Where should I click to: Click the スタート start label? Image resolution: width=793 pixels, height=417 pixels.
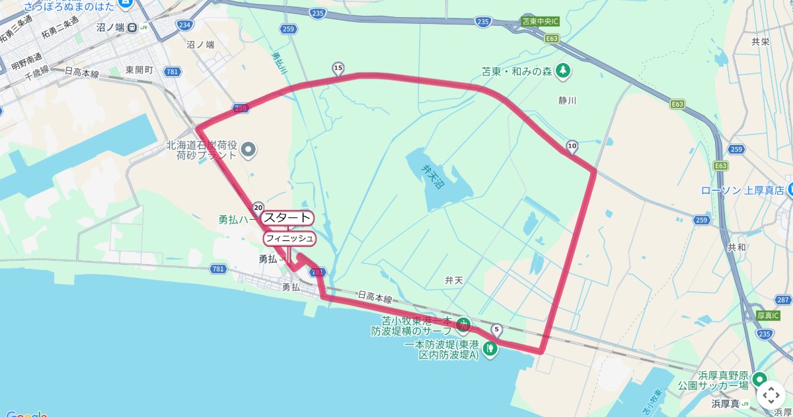[x=287, y=218]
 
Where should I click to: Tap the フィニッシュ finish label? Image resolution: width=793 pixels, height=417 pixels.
[x=289, y=238]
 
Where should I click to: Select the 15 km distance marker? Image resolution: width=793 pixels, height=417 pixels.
[x=338, y=68]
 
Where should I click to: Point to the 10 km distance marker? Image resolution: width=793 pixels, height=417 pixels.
[x=572, y=146]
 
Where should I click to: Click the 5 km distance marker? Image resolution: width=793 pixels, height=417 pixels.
[x=497, y=330]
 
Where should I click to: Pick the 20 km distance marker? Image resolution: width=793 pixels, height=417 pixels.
[x=258, y=207]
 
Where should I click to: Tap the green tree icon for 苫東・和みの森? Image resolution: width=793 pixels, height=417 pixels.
[x=562, y=69]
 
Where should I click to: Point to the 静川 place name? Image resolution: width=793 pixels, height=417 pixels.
[x=567, y=101]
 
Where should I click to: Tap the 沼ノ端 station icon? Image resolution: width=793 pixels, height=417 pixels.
[x=133, y=27]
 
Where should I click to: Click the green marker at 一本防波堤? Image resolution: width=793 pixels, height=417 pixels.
[x=490, y=348]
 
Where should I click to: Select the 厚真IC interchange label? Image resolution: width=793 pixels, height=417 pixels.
[x=768, y=316]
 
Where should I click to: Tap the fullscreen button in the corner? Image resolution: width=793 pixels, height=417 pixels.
[x=771, y=396]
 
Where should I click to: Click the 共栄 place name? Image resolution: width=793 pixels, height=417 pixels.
[x=761, y=41]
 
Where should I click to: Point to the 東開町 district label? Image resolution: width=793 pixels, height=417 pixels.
[x=139, y=69]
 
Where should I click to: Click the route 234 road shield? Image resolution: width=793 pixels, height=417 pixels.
[x=186, y=25]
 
